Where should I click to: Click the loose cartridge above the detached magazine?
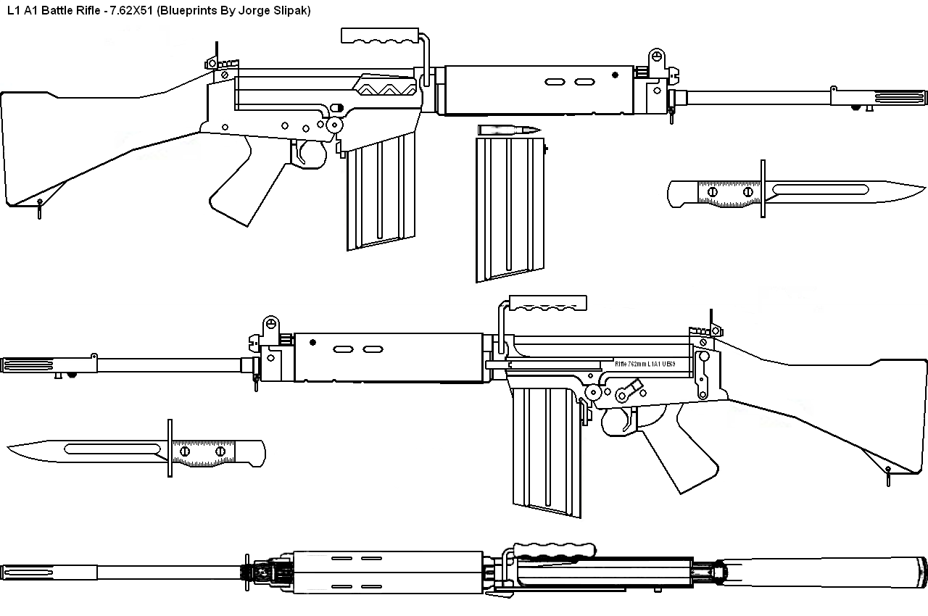[510, 130]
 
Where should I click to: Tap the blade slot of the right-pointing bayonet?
[819, 190]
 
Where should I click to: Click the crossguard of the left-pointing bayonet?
[170, 447]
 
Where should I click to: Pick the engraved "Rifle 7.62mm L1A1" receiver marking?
[645, 365]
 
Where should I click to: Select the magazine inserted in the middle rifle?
[544, 449]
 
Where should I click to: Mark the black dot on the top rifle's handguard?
[615, 75]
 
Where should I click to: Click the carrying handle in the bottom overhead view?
[555, 551]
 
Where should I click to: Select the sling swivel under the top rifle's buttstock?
[39, 208]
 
